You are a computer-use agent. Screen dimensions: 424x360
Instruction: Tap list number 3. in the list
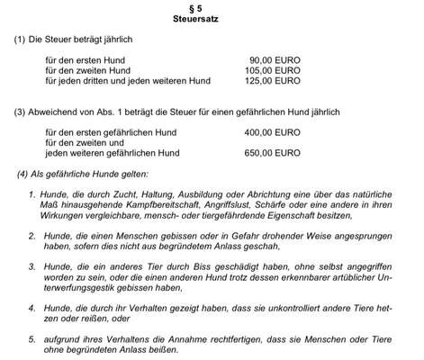click(x=32, y=268)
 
